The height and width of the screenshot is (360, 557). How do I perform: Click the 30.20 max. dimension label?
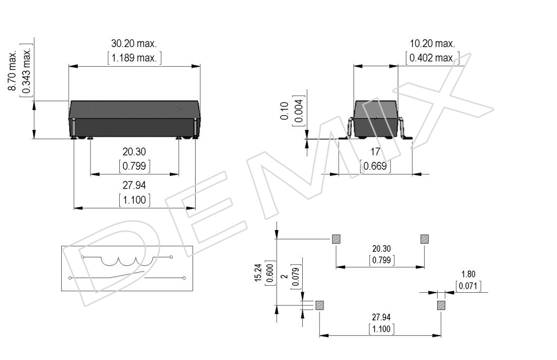[134, 43]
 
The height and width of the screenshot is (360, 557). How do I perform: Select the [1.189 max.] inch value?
[134, 58]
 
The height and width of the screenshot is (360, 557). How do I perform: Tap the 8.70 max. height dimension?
[13, 71]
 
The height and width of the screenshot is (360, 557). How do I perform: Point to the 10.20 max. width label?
[432, 43]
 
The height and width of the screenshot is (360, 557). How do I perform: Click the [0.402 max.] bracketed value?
[432, 58]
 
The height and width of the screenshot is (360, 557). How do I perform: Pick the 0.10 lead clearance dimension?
[285, 111]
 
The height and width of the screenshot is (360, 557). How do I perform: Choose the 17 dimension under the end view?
[376, 152]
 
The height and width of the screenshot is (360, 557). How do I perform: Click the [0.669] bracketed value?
[376, 166]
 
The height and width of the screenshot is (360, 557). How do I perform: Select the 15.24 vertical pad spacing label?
[258, 273]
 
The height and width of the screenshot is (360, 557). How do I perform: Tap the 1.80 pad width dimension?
[468, 274]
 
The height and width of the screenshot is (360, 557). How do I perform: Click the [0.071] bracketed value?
[468, 286]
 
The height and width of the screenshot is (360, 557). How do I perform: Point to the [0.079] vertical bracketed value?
[296, 277]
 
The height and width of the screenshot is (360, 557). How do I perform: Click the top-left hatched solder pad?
[336, 239]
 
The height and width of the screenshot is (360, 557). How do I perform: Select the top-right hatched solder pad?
[425, 239]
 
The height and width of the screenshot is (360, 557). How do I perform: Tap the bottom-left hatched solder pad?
[320, 305]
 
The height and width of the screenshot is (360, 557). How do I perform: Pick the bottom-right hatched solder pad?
[441, 305]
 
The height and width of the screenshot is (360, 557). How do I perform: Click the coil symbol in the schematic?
[127, 261]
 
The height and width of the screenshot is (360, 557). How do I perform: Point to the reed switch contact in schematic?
[127, 275]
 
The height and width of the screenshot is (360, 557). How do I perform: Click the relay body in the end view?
[376, 119]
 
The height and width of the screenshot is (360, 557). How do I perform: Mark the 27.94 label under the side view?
[134, 185]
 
